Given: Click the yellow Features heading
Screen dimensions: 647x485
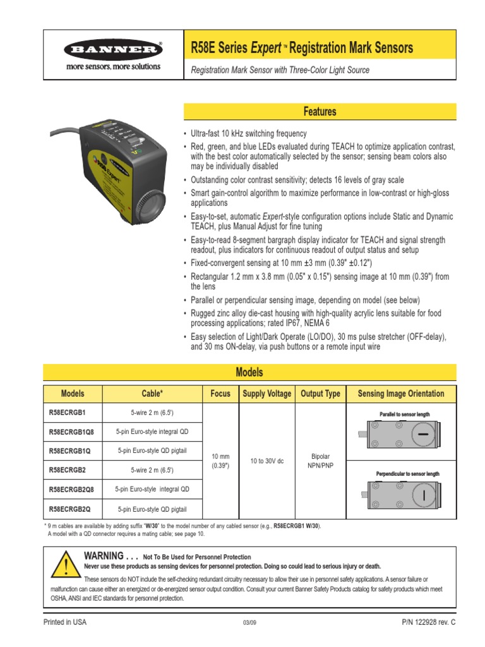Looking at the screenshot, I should pyautogui.click(x=320, y=112).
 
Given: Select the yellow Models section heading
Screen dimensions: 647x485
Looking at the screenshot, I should pyautogui.click(x=249, y=372).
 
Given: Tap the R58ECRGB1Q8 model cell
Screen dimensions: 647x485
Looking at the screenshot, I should pyautogui.click(x=71, y=432).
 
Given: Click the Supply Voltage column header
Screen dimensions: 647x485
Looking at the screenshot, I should pyautogui.click(x=267, y=394).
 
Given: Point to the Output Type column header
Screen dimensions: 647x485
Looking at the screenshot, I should pyautogui.click(x=320, y=394).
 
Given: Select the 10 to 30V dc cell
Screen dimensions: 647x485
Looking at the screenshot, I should pyautogui.click(x=267, y=461).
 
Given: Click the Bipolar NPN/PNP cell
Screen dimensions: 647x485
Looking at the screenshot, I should pyautogui.click(x=320, y=461).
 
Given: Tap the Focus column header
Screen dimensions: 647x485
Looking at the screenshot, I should pyautogui.click(x=220, y=394).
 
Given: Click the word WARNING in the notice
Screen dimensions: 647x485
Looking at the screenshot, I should pyautogui.click(x=104, y=556).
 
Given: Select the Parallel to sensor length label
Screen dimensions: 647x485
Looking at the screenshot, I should pyautogui.click(x=404, y=414).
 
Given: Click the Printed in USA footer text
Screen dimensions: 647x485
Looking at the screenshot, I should pyautogui.click(x=64, y=622).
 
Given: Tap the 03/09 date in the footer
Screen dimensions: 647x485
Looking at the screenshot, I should pyautogui.click(x=249, y=623).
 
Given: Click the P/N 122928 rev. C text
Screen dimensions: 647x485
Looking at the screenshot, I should pyautogui.click(x=428, y=622).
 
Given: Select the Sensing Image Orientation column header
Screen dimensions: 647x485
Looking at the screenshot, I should pyautogui.click(x=401, y=394).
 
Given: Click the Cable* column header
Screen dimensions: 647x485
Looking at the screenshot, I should pyautogui.click(x=152, y=394).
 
